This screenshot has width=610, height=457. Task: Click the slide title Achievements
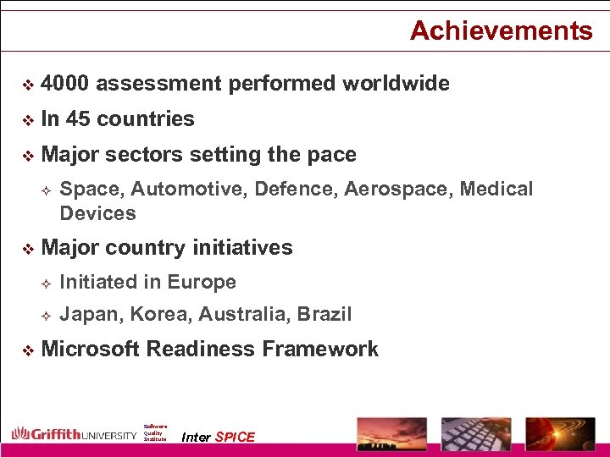coord(501,31)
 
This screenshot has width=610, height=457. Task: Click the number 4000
coord(67,84)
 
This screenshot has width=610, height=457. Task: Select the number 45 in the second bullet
coord(78,119)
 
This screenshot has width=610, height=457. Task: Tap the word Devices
coord(97,213)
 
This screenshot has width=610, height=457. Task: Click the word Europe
coord(202,282)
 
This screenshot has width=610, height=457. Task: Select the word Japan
coord(91,315)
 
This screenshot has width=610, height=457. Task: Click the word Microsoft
coord(90,349)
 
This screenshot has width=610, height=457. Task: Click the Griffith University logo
coord(74,434)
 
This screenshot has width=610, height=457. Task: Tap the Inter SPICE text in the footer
coord(219,437)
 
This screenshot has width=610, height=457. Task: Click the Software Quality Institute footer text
coord(155,433)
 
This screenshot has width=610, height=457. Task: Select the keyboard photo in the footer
coord(477,432)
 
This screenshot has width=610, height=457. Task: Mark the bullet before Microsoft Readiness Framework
coord(27,350)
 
